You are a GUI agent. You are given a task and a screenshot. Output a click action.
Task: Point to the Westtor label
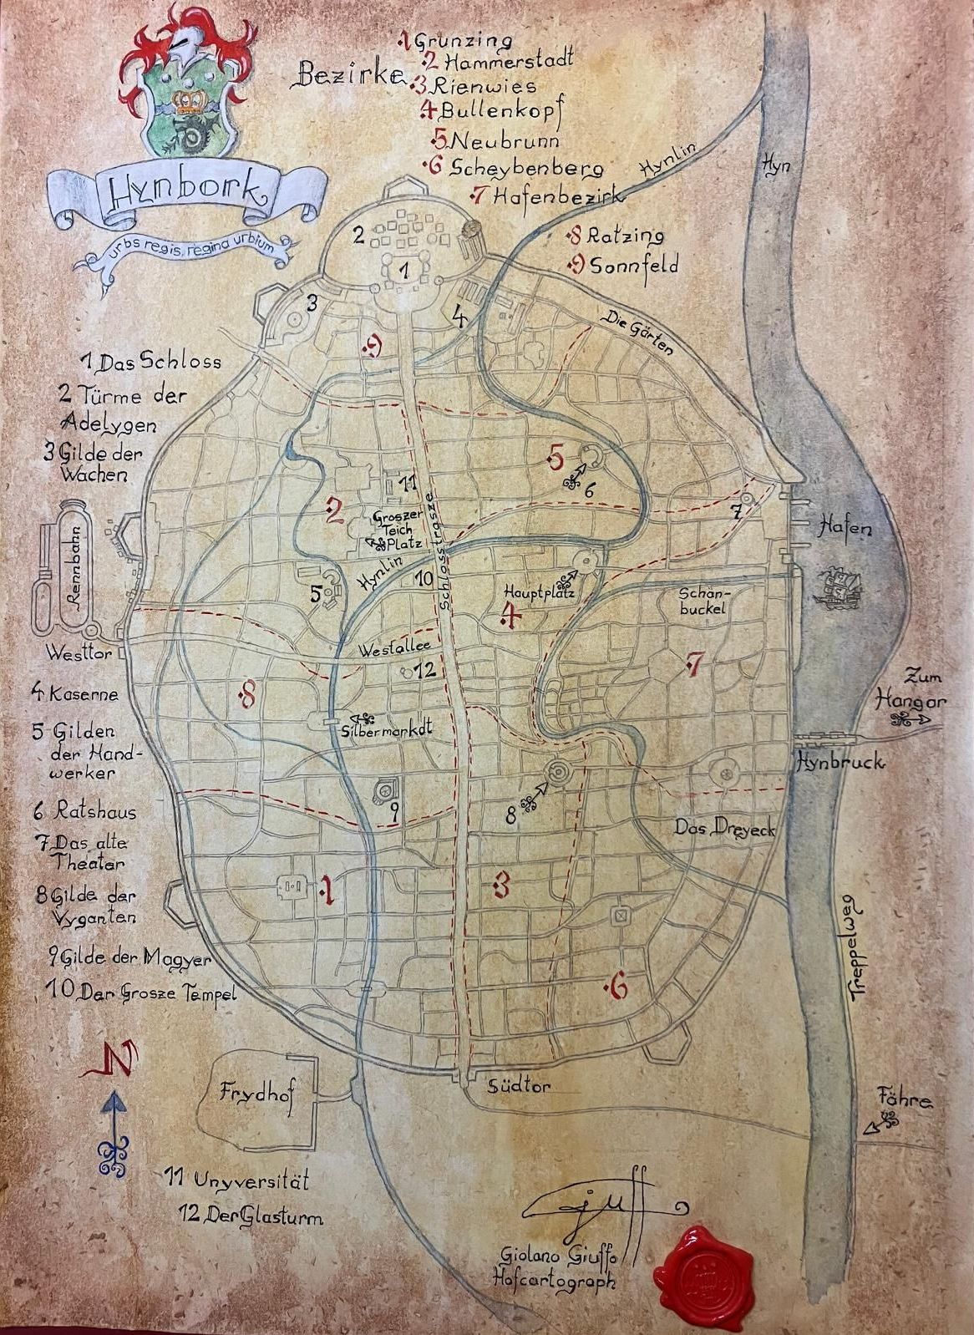(x=79, y=653)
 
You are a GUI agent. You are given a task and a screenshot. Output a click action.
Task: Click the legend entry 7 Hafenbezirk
(x=547, y=197)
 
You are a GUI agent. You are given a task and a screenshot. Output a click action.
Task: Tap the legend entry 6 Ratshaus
(x=84, y=810)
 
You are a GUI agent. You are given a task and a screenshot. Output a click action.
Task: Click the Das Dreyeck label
(x=713, y=828)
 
